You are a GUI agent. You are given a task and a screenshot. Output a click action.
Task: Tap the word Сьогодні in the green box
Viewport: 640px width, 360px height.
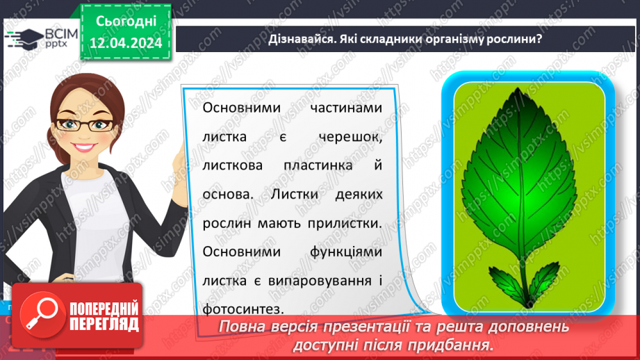coord(125,21)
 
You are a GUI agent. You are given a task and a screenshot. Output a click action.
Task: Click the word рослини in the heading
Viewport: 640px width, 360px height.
coord(514,40)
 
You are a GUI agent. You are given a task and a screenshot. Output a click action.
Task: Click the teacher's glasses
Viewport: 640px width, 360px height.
coord(78,124)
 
